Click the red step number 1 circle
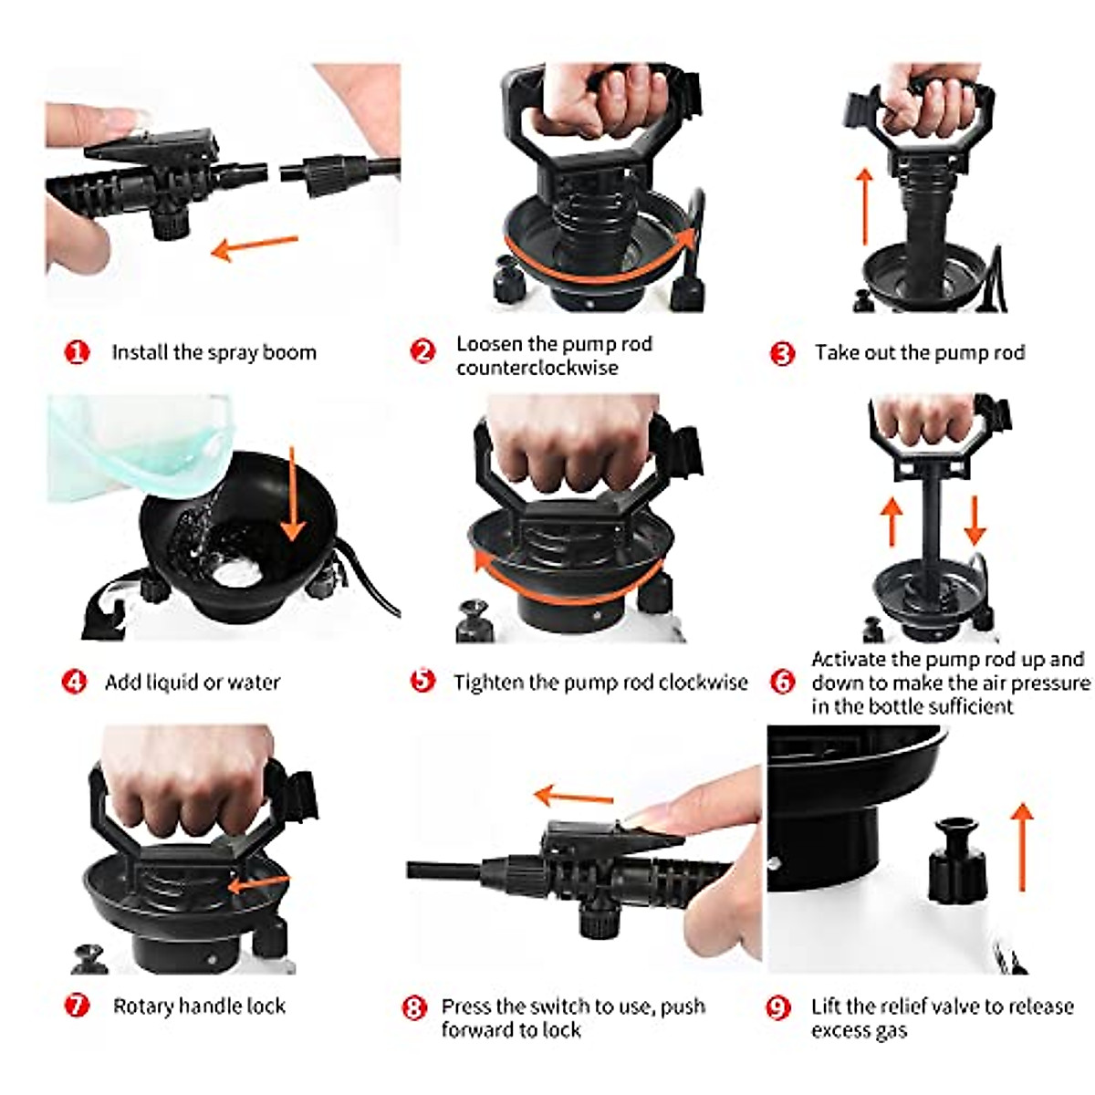[x=77, y=352]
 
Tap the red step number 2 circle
[x=422, y=350]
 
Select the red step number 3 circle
[x=782, y=353]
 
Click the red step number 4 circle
[x=75, y=682]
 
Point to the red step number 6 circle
[x=782, y=682]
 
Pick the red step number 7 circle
[x=77, y=1006]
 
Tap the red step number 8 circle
[x=414, y=1008]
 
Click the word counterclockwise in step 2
[x=537, y=368]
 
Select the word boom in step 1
[x=290, y=352]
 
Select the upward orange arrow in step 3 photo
[x=865, y=206]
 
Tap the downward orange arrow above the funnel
[x=293, y=494]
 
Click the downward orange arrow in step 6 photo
[x=975, y=520]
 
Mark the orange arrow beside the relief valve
[x=1023, y=847]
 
